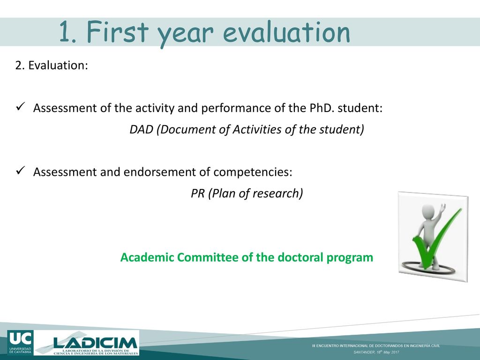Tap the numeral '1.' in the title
[67, 31]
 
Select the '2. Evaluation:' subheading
[52, 65]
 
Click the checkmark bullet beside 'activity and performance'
[20, 107]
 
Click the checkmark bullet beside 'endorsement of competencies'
[20, 171]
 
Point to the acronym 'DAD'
[141, 129]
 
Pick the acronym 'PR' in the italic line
[197, 194]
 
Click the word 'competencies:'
[253, 172]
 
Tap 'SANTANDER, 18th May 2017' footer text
[376, 352]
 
